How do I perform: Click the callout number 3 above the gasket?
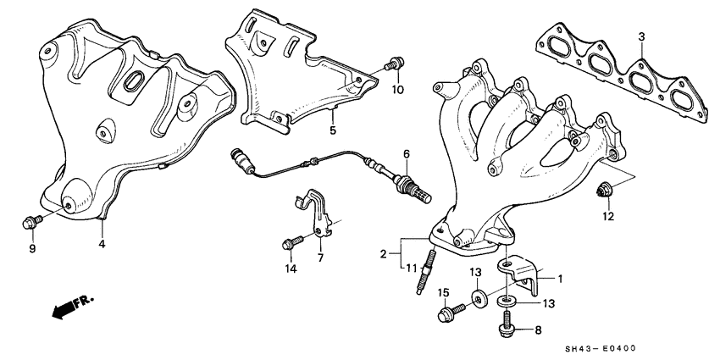point(641,36)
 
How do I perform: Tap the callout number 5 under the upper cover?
point(333,131)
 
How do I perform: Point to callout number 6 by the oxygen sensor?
point(406,154)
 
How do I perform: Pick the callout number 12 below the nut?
point(606,218)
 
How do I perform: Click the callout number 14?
point(291,270)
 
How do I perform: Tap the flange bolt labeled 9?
point(30,223)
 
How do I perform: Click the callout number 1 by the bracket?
point(560,276)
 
